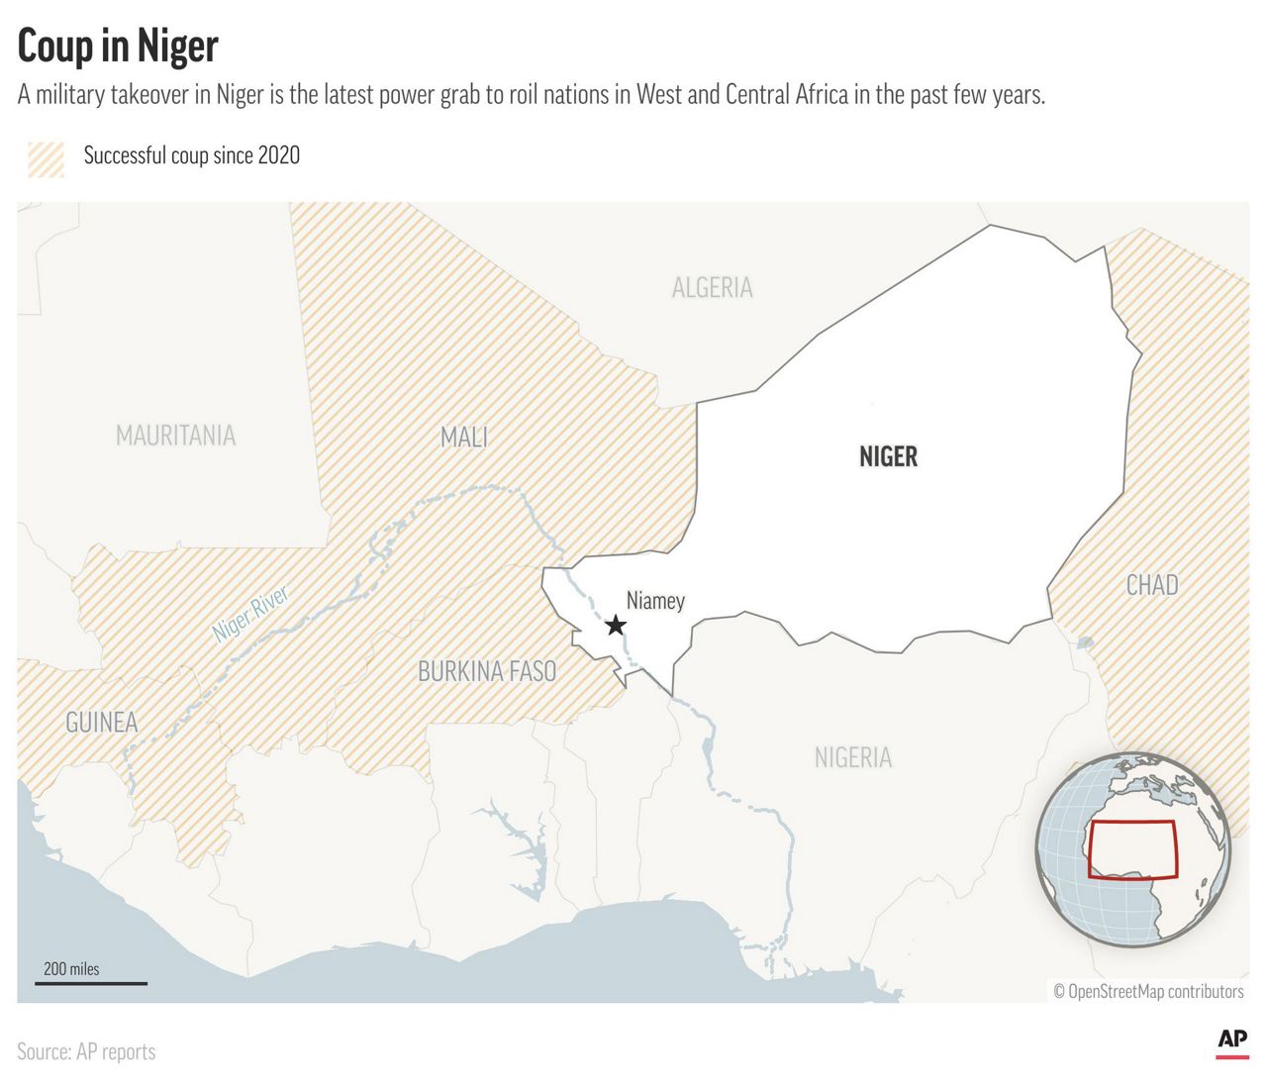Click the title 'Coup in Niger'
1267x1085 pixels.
click(x=118, y=47)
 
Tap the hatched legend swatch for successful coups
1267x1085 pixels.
click(x=46, y=158)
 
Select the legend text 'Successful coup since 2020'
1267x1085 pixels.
click(x=191, y=155)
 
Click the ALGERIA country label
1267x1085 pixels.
click(x=712, y=288)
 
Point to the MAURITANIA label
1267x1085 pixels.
click(x=175, y=436)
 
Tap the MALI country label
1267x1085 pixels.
click(x=463, y=437)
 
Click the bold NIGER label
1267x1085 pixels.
click(x=888, y=456)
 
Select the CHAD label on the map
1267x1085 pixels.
click(x=1151, y=585)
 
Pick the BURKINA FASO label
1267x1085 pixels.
click(x=486, y=671)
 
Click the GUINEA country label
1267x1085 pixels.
click(x=101, y=723)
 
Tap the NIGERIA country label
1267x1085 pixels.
click(x=852, y=757)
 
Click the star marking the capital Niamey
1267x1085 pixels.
click(x=616, y=625)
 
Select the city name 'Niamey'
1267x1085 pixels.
click(x=655, y=601)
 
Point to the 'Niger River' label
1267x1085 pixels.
click(x=250, y=614)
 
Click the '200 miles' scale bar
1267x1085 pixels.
click(x=91, y=982)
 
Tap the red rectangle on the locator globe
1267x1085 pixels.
click(x=1132, y=849)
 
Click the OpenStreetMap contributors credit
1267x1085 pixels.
click(x=1148, y=991)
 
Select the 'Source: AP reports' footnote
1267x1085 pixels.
click(x=86, y=1051)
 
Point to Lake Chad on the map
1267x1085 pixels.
click(x=1086, y=642)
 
